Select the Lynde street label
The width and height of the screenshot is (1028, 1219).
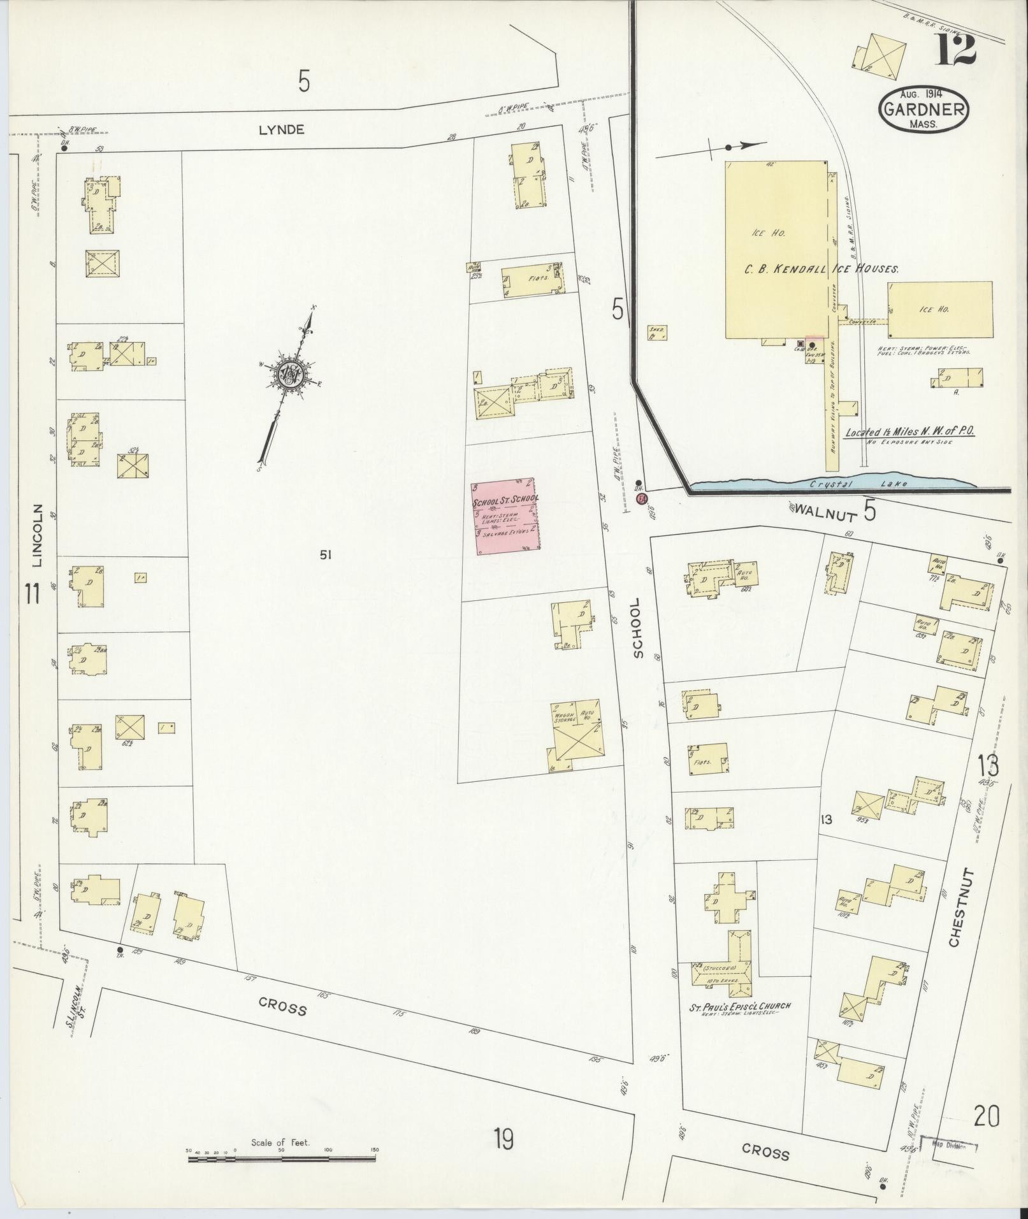tap(282, 129)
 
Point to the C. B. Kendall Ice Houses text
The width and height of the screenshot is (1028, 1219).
tap(822, 269)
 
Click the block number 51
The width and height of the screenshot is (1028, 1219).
tap(326, 555)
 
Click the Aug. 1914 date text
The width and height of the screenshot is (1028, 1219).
tap(923, 94)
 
